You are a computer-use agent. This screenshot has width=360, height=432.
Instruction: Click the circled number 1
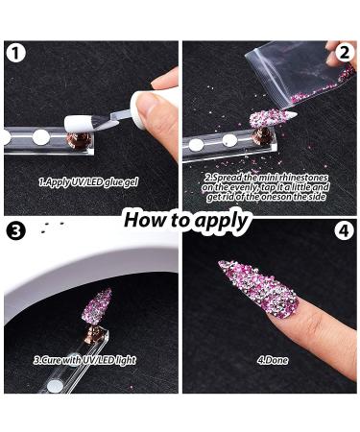[14, 54]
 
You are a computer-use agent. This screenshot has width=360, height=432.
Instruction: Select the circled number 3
[14, 231]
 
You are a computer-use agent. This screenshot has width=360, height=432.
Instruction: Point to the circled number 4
[345, 231]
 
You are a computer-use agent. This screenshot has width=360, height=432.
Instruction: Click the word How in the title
[145, 219]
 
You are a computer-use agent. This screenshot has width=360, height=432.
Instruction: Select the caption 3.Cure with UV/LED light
[84, 359]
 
